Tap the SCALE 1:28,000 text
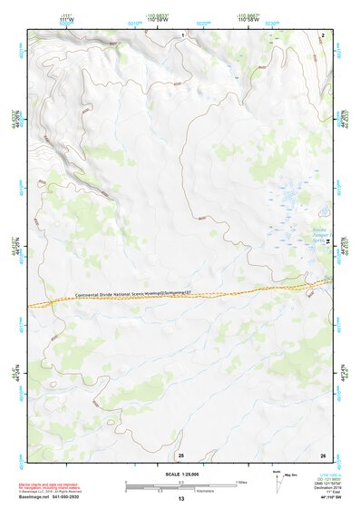pyautogui.click(x=180, y=475)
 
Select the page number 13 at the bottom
pyautogui.click(x=181, y=500)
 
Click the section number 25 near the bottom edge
pyautogui.click(x=181, y=454)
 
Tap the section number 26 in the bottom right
pyautogui.click(x=323, y=454)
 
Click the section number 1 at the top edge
pyautogui.click(x=183, y=34)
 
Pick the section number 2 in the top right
pyautogui.click(x=323, y=34)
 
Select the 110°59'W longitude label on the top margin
pyautogui.click(x=170, y=19)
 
